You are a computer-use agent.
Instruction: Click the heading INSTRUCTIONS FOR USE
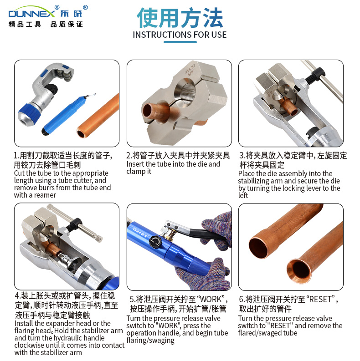(x=180, y=35)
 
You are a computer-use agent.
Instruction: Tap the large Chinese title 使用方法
(x=180, y=17)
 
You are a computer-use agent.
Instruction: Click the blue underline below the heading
(x=180, y=42)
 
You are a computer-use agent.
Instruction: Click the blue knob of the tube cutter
(x=28, y=114)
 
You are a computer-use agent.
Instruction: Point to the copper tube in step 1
(x=98, y=116)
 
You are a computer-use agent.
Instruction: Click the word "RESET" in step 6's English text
(x=280, y=326)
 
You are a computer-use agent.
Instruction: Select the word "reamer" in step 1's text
(x=45, y=195)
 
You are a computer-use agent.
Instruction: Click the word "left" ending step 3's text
(x=243, y=195)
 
